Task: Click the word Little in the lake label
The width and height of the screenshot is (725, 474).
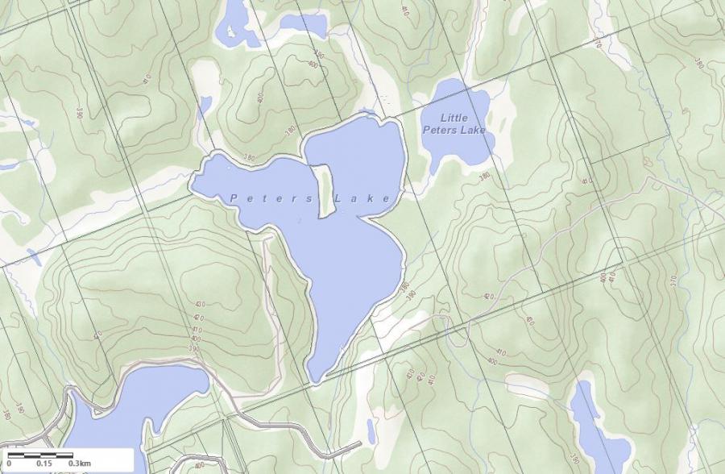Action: point(454,118)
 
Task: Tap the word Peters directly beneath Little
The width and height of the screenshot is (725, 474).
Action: point(440,130)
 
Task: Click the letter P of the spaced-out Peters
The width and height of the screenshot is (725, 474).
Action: point(234,197)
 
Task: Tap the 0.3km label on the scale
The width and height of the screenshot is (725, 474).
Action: point(80,464)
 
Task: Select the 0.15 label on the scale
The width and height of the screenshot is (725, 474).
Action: point(44,464)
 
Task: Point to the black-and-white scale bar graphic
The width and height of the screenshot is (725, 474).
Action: point(40,455)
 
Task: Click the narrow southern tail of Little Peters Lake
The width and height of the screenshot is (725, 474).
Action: point(434,165)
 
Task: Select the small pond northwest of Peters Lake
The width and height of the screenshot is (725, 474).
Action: point(206,105)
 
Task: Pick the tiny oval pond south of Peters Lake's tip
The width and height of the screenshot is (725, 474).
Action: point(370,429)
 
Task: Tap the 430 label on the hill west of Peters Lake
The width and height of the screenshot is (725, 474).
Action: point(198,305)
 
